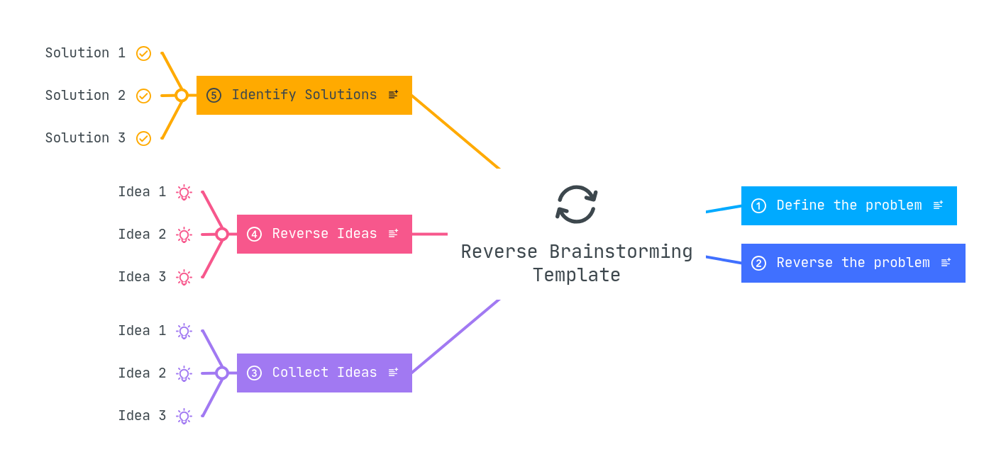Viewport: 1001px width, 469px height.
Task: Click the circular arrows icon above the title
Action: (576, 204)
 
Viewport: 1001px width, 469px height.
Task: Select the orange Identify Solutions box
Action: (304, 95)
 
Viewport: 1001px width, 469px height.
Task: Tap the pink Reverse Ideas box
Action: (324, 234)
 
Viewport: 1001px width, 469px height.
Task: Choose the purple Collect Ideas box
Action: (324, 373)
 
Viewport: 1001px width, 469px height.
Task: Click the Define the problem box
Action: (848, 205)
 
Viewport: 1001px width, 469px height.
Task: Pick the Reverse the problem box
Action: (853, 263)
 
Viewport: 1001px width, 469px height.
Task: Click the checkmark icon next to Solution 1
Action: (143, 53)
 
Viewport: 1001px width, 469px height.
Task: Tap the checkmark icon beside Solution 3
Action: (143, 138)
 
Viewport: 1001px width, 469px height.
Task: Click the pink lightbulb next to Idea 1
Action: (184, 192)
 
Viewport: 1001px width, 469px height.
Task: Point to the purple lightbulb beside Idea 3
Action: (184, 416)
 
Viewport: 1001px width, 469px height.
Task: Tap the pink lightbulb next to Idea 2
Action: (184, 234)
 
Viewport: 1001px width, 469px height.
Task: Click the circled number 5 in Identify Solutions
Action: (214, 95)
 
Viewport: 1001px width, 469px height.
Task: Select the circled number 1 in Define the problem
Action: (758, 205)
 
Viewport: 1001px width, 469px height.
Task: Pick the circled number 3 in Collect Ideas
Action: (254, 373)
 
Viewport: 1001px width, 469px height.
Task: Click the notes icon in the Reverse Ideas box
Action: (393, 234)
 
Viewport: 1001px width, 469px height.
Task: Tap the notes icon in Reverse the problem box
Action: (946, 263)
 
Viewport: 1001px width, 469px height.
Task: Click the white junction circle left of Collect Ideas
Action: (222, 373)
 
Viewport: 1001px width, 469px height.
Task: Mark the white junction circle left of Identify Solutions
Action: (182, 95)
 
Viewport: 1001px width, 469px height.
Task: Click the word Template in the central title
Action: (576, 275)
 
